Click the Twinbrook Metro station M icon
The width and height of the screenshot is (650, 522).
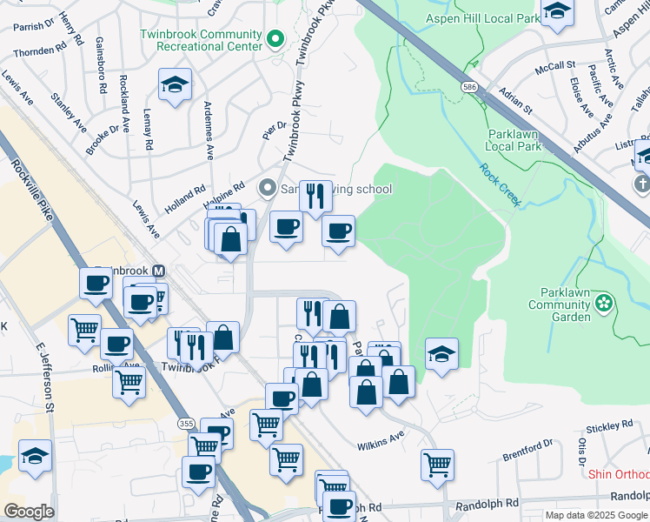pos(159,271)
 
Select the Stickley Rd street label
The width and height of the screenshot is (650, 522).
pos(609,426)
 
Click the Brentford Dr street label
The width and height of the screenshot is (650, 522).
pos(528,451)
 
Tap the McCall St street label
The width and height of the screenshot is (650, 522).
pos(556,65)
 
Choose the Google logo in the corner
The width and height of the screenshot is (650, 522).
pos(29,512)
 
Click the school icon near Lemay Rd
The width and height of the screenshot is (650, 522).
pos(176,85)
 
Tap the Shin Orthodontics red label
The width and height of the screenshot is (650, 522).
pos(619,474)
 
